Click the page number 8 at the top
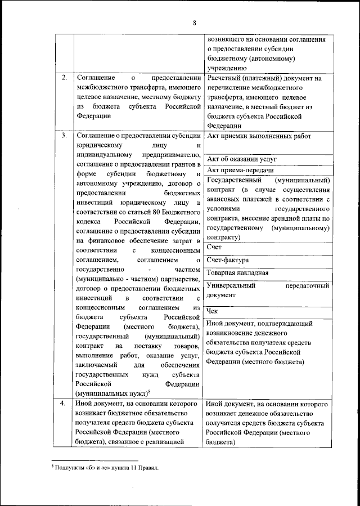[x=194, y=23]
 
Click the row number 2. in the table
[x=65, y=77]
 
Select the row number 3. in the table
[x=65, y=136]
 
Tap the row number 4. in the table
[x=65, y=404]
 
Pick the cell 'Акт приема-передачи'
[x=240, y=169]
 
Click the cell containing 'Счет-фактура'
[x=228, y=260]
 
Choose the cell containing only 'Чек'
[x=212, y=310]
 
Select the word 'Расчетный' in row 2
[x=225, y=78]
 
